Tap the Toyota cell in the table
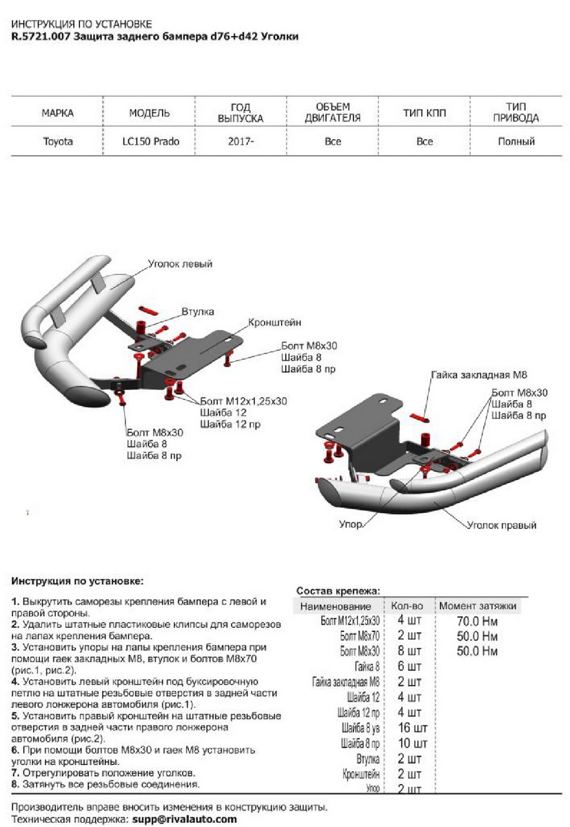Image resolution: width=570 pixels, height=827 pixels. pos(57,142)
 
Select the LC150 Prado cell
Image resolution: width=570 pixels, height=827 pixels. pos(149,142)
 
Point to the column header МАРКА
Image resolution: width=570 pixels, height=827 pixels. pos(57,112)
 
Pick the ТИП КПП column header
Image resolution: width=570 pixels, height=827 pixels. pos(425,112)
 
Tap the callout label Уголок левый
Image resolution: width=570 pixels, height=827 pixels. pos(180,264)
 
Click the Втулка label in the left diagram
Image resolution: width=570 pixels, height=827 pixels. pos(198,312)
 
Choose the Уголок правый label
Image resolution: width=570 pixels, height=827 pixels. pos(501,525)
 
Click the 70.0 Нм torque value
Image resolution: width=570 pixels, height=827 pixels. pos(476,620)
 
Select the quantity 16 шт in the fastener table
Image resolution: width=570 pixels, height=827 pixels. pos(413,728)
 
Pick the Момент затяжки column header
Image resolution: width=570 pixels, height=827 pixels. pos(477,605)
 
